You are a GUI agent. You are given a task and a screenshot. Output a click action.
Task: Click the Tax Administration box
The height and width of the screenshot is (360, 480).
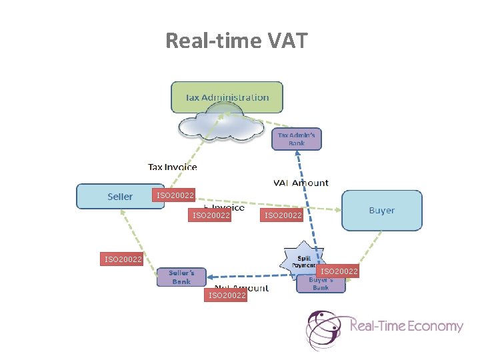[227, 97]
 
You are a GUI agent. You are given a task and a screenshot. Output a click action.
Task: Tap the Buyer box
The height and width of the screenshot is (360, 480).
[381, 211]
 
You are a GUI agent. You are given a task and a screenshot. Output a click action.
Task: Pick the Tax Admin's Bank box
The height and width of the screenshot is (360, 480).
[297, 139]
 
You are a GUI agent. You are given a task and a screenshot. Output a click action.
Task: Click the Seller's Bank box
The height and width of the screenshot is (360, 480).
[181, 277]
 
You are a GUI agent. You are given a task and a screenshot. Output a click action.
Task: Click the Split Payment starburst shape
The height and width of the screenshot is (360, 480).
[303, 259]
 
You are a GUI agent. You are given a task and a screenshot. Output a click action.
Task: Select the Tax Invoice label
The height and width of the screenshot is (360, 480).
[173, 167]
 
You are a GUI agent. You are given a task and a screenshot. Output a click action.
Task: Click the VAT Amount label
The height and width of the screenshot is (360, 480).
[301, 183]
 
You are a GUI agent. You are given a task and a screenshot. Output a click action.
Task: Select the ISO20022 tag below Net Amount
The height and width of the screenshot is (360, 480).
[227, 295]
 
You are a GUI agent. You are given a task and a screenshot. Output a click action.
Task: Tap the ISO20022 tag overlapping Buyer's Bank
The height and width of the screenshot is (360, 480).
[339, 271]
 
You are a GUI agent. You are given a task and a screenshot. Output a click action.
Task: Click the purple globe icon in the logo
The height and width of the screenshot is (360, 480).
[325, 329]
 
